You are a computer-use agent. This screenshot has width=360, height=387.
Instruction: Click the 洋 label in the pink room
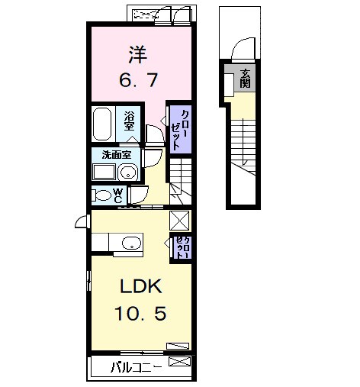coord(137,55)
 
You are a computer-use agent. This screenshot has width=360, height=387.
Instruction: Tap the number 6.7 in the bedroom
coord(137,79)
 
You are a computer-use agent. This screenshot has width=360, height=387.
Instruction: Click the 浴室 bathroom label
coord(130,120)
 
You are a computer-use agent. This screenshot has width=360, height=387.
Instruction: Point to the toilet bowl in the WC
coord(101,194)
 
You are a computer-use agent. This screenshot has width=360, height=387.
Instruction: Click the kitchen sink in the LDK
coord(131,244)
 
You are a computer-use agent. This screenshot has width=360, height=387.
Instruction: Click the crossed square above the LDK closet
coord(181,220)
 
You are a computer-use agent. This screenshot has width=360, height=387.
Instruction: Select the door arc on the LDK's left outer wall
coord(82,223)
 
